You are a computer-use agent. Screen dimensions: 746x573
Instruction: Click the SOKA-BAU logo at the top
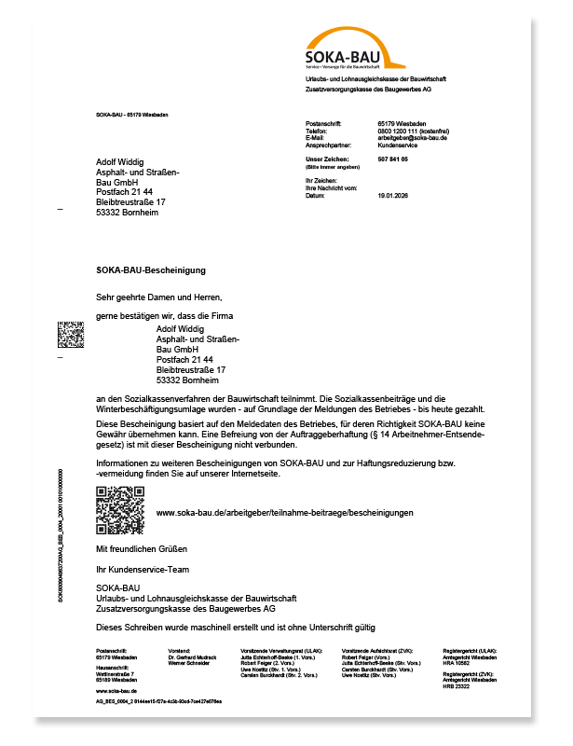click(354, 50)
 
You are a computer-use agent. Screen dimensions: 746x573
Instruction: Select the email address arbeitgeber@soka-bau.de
click(413, 138)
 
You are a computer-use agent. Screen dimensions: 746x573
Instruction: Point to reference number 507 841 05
click(393, 159)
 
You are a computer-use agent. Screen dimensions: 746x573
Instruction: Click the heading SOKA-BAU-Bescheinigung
click(150, 269)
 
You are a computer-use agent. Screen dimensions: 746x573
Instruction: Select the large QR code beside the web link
click(120, 511)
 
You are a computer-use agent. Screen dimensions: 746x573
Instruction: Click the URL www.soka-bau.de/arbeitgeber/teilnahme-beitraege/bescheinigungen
click(284, 513)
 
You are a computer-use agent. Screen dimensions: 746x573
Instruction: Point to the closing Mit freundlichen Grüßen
click(142, 548)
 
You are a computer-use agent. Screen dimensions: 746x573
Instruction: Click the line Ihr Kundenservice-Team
click(143, 569)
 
